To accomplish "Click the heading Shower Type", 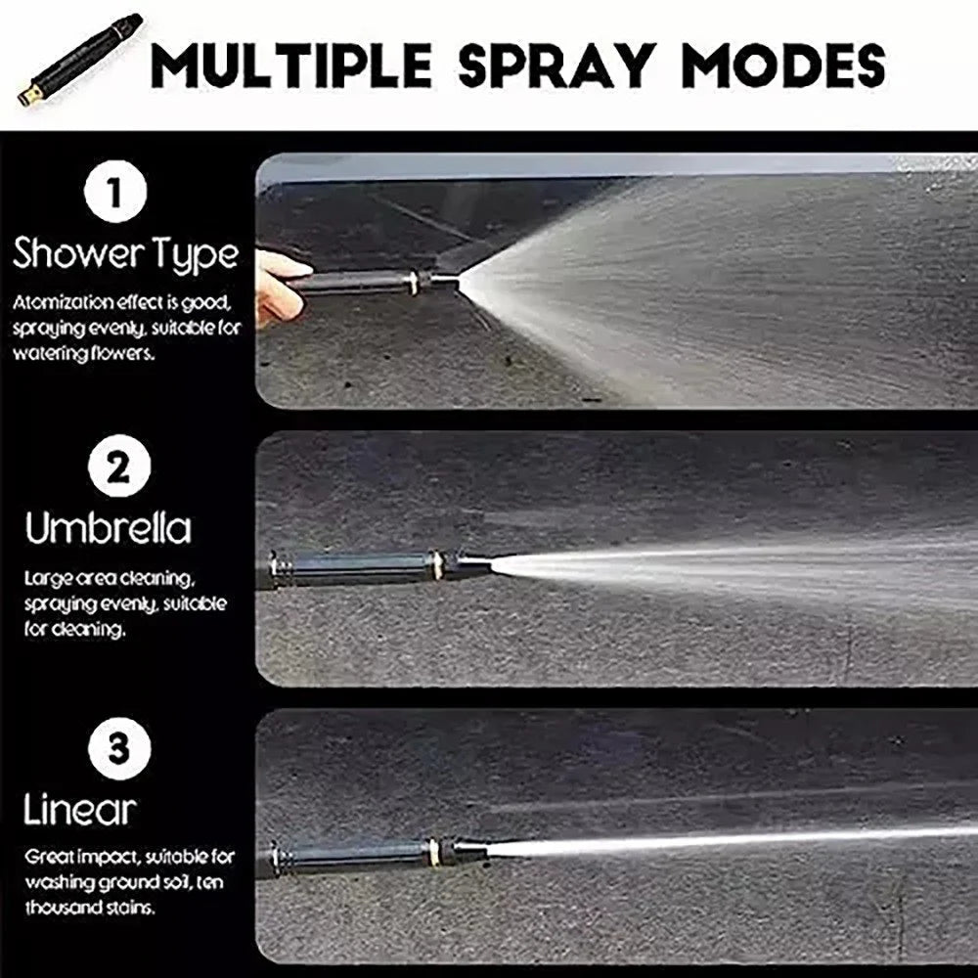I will pyautogui.click(x=125, y=254).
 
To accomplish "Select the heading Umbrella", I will pyautogui.click(x=109, y=529).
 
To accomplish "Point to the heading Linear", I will pyautogui.click(x=80, y=810).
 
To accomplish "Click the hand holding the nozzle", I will pyautogui.click(x=278, y=285).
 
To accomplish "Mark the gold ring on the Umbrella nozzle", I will pyautogui.click(x=439, y=565).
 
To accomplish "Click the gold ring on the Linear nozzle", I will pyautogui.click(x=433, y=849).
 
